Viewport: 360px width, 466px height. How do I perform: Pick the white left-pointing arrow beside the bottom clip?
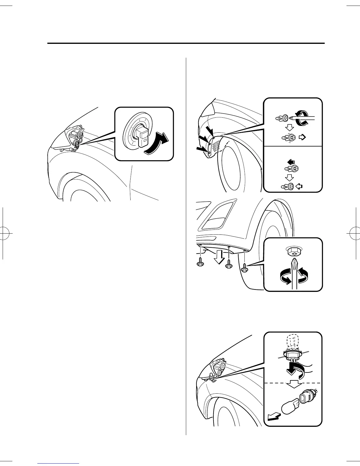coord(300,186)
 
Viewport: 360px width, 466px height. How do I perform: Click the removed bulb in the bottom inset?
coord(290,409)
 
